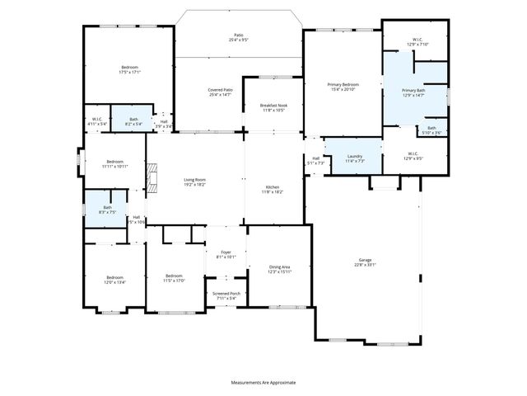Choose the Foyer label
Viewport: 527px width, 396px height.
225,253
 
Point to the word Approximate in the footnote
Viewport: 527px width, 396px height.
279,383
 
